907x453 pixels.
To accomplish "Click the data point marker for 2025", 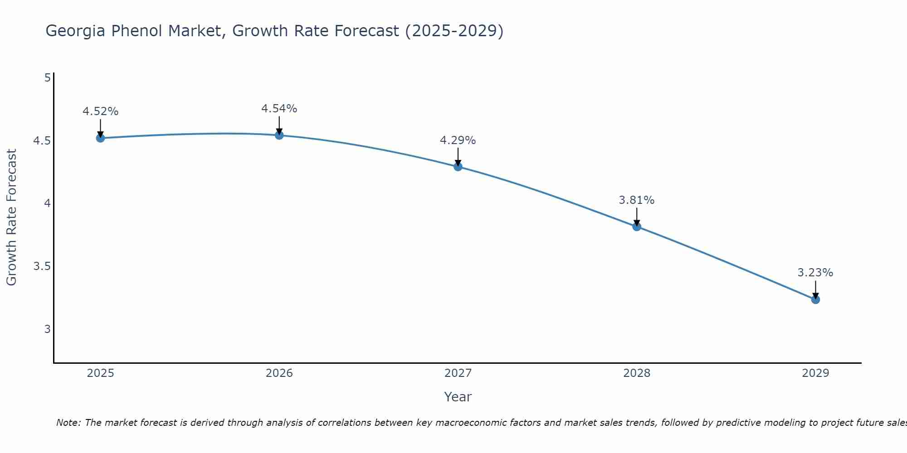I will [x=101, y=138].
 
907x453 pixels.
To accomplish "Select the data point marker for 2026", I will [x=279, y=135].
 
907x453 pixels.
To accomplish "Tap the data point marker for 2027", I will [x=458, y=167].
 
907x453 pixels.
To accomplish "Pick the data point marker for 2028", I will [x=637, y=226].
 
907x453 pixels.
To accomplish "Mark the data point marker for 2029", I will [x=815, y=299].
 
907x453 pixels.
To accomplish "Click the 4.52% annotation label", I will [x=101, y=111].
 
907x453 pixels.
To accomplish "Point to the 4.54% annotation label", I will [x=279, y=109].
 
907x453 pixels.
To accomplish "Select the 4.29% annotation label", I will [x=458, y=140].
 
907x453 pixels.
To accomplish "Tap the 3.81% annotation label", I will [x=637, y=200].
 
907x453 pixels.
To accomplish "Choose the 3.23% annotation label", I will [x=815, y=273].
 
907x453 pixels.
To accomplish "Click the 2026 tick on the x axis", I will [x=279, y=373].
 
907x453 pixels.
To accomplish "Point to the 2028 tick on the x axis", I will [x=637, y=373].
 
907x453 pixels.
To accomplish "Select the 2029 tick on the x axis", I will [x=815, y=373].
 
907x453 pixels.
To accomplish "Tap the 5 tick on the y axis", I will [x=47, y=78].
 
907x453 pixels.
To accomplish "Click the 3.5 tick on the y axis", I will [x=42, y=266].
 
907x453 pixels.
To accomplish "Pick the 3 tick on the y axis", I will [x=47, y=329].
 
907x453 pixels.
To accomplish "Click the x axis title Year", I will [x=458, y=397].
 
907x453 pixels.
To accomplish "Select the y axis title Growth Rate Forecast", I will [x=11, y=217].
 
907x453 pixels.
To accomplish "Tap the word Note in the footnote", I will [x=68, y=423].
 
